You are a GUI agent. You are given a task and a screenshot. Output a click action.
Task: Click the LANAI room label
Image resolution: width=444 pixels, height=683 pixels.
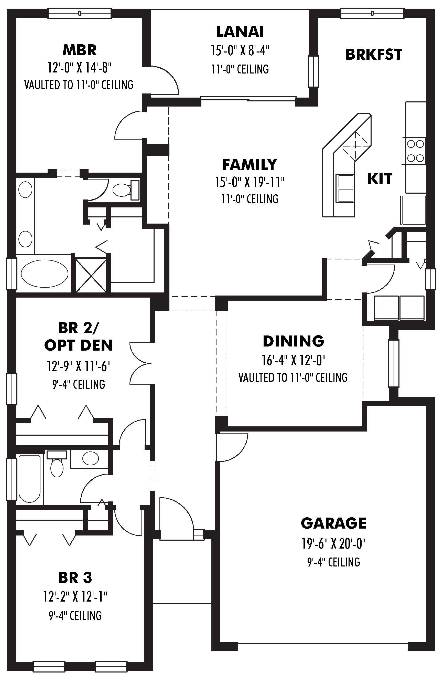[240, 31]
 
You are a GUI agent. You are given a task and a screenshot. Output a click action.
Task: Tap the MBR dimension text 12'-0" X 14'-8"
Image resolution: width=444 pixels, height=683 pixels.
[79, 68]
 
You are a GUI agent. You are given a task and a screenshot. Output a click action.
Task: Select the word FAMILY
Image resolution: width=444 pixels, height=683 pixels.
[250, 165]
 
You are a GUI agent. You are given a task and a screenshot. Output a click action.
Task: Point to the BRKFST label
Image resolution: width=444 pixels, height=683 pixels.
[374, 55]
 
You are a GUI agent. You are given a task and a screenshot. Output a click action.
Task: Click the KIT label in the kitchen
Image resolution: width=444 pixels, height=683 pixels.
[380, 179]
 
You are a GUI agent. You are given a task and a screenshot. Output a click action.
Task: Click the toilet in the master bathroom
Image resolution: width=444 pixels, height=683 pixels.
[123, 190]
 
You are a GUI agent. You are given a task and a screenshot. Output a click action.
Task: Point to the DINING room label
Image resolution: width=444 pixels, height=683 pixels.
[293, 341]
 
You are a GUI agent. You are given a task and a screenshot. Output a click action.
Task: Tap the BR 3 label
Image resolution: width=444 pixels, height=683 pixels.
[75, 578]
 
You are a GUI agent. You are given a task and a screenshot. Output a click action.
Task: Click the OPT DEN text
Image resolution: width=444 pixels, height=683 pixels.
[78, 345]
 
